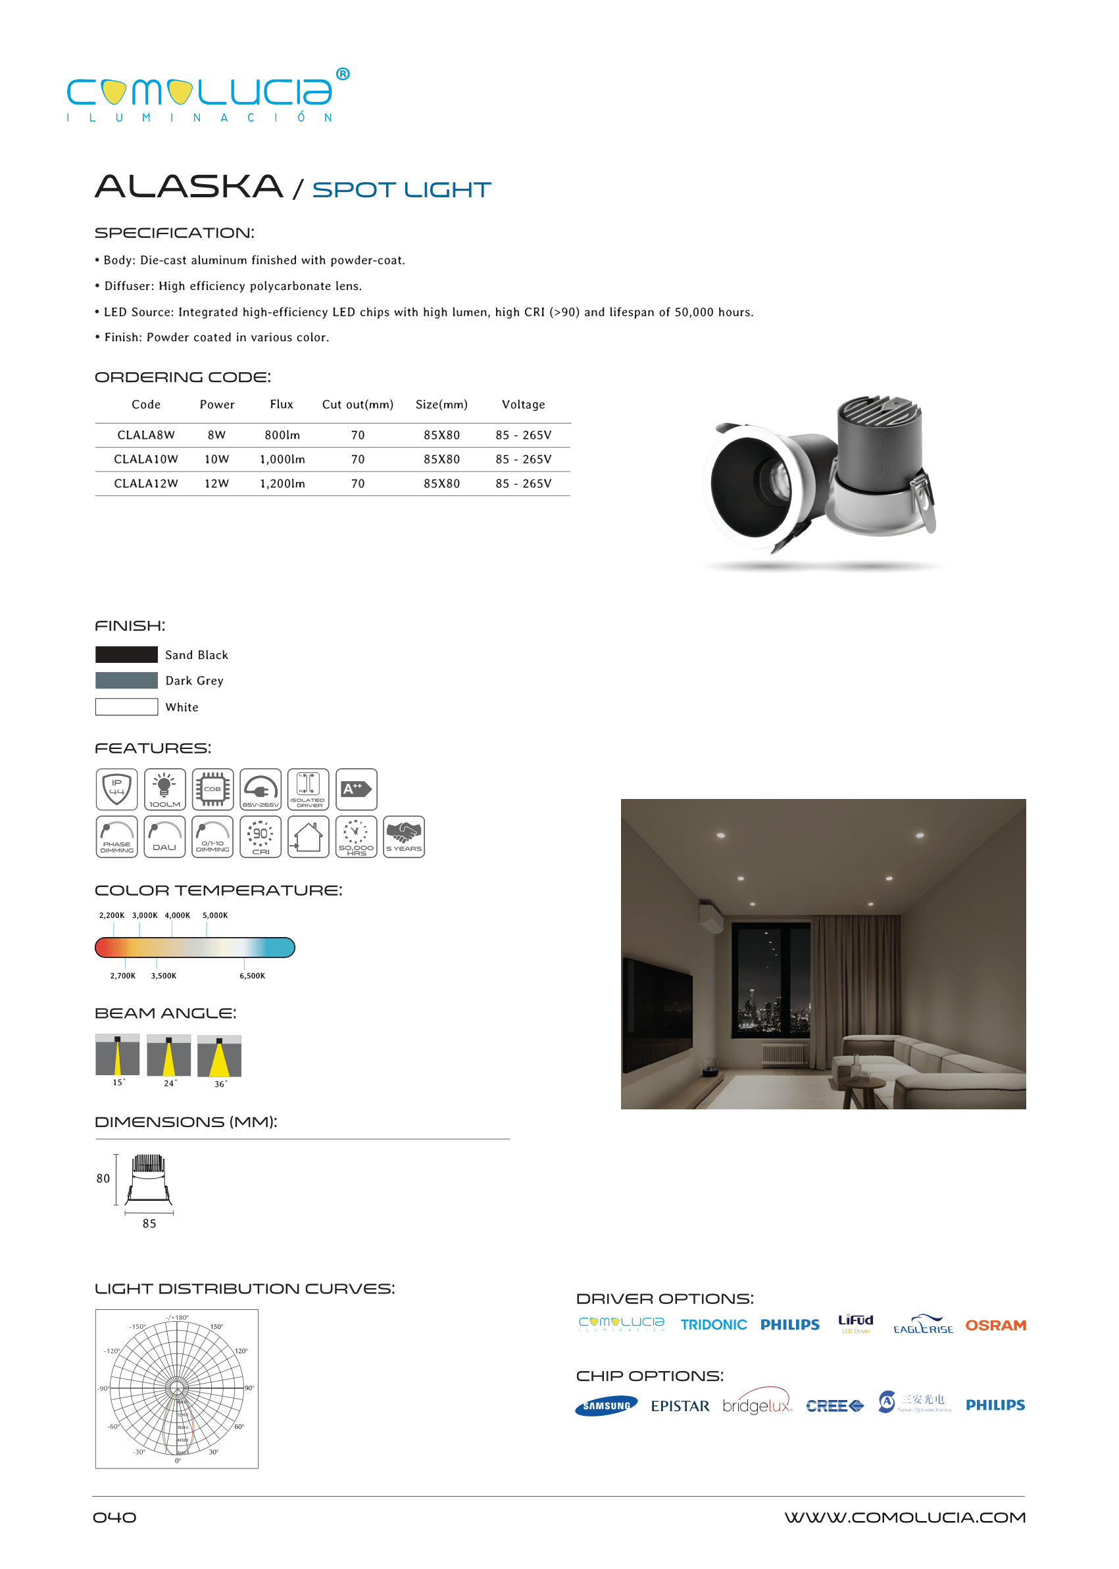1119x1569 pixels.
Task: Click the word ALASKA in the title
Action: (189, 187)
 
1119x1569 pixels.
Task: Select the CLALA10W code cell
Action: (145, 460)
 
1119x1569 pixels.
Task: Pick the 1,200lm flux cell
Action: (282, 483)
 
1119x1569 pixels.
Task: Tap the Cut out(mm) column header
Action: (358, 404)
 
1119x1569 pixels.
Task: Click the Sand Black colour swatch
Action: (126, 654)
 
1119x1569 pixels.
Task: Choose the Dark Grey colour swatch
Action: (126, 681)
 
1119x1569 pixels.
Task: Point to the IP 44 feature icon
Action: (116, 788)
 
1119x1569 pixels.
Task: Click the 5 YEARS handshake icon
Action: (404, 836)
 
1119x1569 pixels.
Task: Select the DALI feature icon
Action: (164, 836)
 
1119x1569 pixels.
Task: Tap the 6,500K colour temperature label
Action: (252, 976)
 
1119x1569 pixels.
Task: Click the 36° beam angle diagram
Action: (219, 1056)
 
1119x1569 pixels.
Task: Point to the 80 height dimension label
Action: (103, 1178)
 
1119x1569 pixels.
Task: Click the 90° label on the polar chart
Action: (249, 1388)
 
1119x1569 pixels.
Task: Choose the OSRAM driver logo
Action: (995, 1325)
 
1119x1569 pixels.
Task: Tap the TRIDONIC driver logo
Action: (713, 1324)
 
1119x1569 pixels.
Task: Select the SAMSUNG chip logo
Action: (607, 1406)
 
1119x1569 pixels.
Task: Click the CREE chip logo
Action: (833, 1406)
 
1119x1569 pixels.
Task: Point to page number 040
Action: (114, 1517)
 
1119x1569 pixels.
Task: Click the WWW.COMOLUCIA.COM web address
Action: (905, 1517)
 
